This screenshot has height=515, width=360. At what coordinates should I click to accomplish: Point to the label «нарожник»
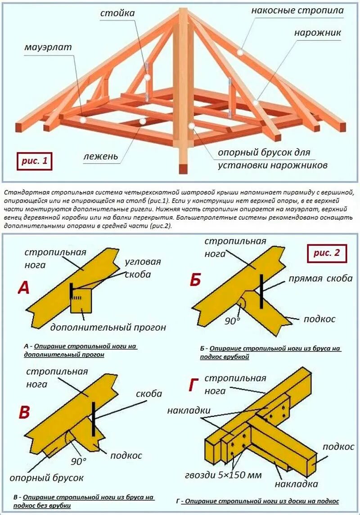(x=317, y=33)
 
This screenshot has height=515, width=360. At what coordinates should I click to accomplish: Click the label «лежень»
(x=100, y=156)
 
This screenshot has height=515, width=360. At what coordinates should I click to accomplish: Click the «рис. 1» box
(x=35, y=161)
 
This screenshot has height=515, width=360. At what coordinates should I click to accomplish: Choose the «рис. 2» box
(x=327, y=253)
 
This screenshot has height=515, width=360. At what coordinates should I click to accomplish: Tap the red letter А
(x=23, y=287)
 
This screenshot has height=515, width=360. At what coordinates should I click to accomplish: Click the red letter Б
(x=195, y=280)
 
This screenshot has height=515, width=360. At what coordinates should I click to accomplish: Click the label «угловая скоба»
(x=143, y=268)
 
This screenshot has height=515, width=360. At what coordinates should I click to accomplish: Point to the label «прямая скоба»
(x=321, y=279)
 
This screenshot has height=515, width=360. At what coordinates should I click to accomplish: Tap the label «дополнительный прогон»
(x=108, y=327)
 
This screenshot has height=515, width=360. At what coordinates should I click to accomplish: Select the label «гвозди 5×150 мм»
(x=223, y=475)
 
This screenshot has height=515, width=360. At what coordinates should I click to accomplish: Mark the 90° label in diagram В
(x=78, y=461)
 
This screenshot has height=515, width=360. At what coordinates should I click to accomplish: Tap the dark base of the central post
(x=183, y=168)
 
